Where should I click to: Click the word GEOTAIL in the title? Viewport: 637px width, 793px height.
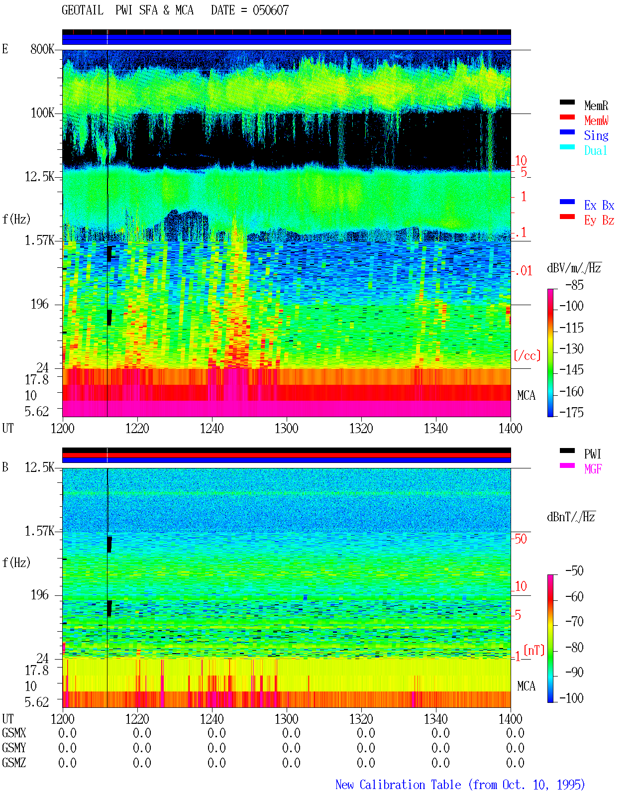pos(83,10)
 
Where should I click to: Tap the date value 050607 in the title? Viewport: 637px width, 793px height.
pos(271,10)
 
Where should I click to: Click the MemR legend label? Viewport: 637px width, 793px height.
pos(596,106)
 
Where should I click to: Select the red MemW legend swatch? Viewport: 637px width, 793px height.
pos(567,117)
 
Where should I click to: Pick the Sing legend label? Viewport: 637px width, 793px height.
pos(596,135)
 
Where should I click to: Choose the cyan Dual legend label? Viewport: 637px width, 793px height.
pos(596,150)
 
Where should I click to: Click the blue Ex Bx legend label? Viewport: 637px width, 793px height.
pos(599,205)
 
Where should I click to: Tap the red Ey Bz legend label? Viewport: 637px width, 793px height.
pos(599,221)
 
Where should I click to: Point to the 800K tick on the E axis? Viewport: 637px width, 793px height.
pos(42,49)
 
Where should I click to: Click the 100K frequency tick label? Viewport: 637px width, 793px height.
pos(42,113)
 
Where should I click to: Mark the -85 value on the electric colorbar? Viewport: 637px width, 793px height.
pos(574,285)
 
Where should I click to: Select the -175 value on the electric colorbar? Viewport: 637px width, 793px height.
pos(571,412)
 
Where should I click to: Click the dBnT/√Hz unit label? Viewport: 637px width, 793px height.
pos(571,517)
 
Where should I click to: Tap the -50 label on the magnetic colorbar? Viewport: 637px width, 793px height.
pos(574,571)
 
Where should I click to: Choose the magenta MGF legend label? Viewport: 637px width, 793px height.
pos(593,469)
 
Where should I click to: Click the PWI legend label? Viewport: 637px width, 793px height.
pos(593,454)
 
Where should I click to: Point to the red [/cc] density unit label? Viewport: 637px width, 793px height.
pos(527,356)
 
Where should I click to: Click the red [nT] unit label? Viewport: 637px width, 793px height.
pos(534,650)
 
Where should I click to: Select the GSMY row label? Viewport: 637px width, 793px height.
pos(14,748)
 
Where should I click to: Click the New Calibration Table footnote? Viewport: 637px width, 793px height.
pos(460,785)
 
